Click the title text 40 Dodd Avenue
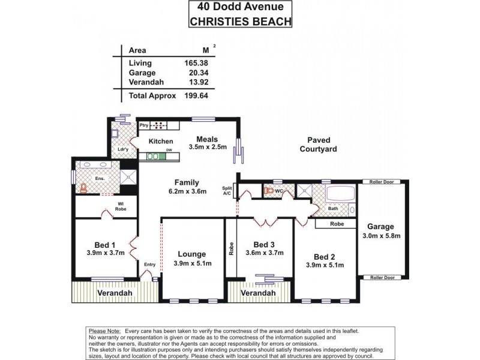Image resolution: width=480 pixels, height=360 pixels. pyautogui.click(x=240, y=8)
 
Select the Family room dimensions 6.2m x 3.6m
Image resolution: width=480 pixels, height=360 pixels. pyautogui.click(x=187, y=192)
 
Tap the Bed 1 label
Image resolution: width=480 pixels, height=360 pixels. pyautogui.click(x=105, y=244)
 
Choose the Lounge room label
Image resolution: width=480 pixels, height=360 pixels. pyautogui.click(x=191, y=254)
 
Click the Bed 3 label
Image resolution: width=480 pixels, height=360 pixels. pyautogui.click(x=264, y=244)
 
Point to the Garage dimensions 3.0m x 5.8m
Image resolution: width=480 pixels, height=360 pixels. pyautogui.click(x=382, y=236)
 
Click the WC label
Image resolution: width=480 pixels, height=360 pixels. pyautogui.click(x=278, y=191)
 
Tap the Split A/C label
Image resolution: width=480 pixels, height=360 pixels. pyautogui.click(x=227, y=191)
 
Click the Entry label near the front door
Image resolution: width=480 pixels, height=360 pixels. pyautogui.click(x=150, y=264)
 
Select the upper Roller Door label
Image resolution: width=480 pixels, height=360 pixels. pyautogui.click(x=381, y=181)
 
